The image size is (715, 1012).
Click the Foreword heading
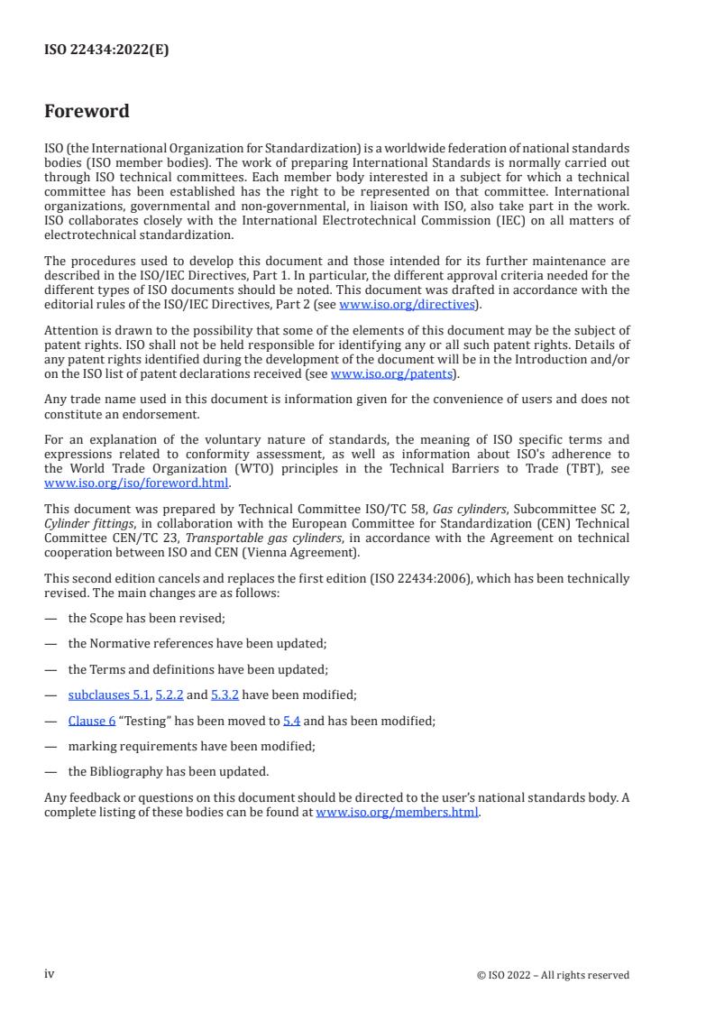point(87,112)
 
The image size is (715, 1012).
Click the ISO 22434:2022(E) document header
point(106,51)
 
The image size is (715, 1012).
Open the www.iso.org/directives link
point(407,305)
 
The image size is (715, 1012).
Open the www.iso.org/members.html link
point(397,812)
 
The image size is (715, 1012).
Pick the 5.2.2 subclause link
point(167,695)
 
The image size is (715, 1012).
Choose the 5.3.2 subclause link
point(225,695)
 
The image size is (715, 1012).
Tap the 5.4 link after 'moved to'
point(291,721)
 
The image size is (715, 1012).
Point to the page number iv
point(50,974)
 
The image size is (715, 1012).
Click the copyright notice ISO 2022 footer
point(553,975)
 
